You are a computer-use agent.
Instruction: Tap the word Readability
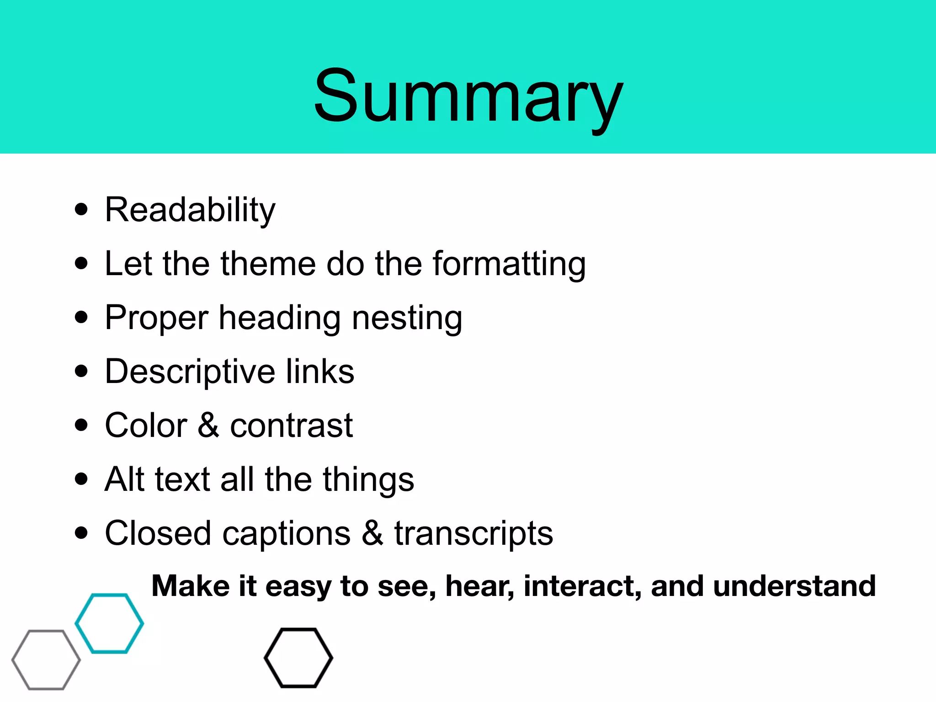pyautogui.click(x=190, y=210)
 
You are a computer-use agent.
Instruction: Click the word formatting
pyautogui.click(x=509, y=265)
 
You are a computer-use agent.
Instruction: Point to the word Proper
pyautogui.click(x=156, y=319)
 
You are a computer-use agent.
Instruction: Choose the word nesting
pyautogui.click(x=407, y=319)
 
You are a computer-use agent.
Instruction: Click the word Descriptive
pyautogui.click(x=190, y=372)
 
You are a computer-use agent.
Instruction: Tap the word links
pyautogui.click(x=320, y=371)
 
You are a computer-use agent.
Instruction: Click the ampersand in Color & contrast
pyautogui.click(x=208, y=425)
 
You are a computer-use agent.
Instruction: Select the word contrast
pyautogui.click(x=291, y=426)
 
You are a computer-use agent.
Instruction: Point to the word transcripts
pyautogui.click(x=473, y=534)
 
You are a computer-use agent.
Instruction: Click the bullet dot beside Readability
pyautogui.click(x=81, y=210)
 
